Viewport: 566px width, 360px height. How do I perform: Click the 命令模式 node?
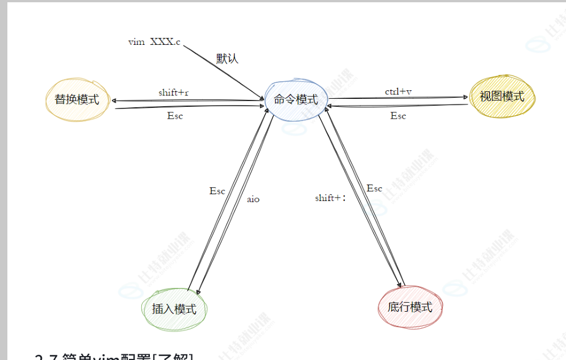tap(295, 99)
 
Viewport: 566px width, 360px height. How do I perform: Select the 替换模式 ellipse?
tap(77, 101)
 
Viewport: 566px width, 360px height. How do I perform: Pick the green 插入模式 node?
tap(174, 309)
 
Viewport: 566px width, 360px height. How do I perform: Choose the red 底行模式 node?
tap(410, 307)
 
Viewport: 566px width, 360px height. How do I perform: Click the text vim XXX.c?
tap(154, 42)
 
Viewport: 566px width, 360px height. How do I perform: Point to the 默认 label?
tap(227, 58)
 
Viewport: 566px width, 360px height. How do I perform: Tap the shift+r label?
tap(174, 92)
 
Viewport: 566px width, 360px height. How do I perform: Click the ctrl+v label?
tap(398, 91)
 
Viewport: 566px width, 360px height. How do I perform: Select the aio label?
tap(253, 199)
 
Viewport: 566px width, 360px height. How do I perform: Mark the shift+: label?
tap(330, 198)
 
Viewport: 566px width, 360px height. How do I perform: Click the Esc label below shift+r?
tap(175, 115)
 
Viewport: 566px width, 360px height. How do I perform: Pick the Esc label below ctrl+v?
tap(398, 115)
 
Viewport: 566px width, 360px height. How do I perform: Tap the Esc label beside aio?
tap(217, 191)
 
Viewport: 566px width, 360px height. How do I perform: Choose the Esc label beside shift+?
tap(374, 188)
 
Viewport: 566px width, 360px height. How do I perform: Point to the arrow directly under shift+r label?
tap(187, 101)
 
